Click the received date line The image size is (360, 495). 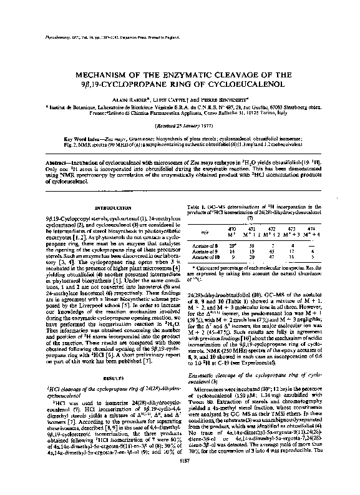179,125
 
